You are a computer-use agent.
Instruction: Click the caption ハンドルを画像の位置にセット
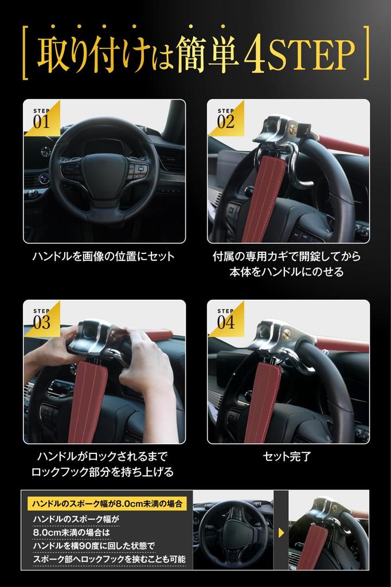103,256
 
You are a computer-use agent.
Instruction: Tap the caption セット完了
287,457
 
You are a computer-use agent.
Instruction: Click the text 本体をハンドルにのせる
288,272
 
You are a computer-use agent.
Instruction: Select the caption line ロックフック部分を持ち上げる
103,472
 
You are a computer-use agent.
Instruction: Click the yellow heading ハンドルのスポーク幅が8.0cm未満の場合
107,504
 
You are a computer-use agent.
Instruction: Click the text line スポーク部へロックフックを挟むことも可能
108,559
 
